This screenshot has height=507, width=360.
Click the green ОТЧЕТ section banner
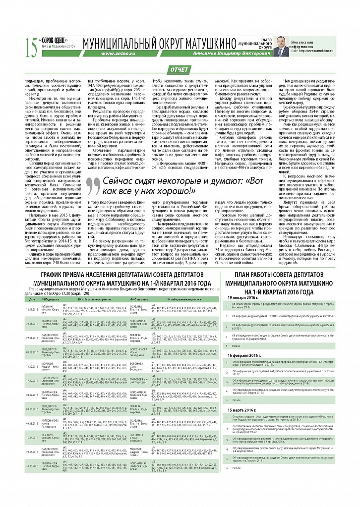(x=179, y=69)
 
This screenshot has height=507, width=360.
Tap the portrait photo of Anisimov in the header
(x=281, y=48)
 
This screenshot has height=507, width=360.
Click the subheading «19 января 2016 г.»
(x=242, y=297)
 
